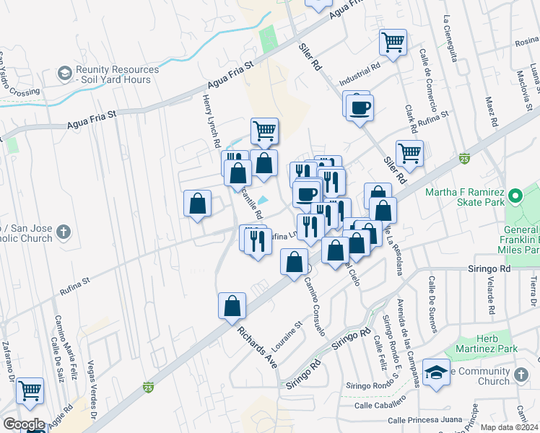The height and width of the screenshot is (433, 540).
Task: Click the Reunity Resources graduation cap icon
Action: coord(65,74)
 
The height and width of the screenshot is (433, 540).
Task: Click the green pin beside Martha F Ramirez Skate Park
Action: coord(515,196)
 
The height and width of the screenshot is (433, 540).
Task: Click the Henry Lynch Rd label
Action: coord(211,122)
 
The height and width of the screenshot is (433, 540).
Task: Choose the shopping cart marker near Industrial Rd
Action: coord(393,42)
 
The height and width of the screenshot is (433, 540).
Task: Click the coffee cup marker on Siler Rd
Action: coord(359,108)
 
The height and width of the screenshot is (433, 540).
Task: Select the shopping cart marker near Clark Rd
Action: coord(409,153)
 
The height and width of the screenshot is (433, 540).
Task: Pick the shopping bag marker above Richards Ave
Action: coord(232,305)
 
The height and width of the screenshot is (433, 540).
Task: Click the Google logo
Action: coord(24,424)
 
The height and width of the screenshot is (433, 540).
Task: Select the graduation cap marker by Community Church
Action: coord(436,372)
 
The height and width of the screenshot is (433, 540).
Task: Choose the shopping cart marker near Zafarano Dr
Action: coord(30,391)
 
